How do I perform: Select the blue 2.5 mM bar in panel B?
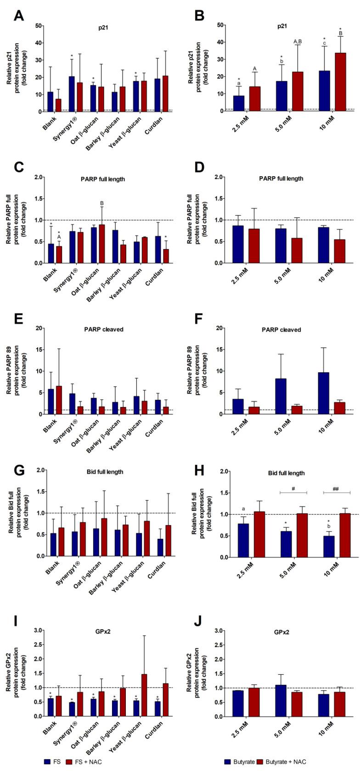[239, 103]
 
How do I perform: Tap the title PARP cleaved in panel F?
[285, 330]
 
